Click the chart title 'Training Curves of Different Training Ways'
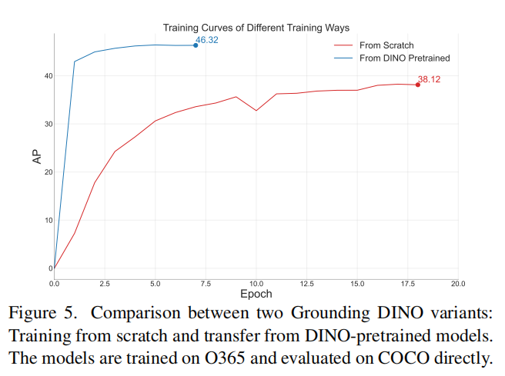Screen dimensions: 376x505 256,28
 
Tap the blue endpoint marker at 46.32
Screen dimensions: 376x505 196,45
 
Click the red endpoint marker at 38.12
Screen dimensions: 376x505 418,85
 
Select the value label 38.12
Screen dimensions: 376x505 429,79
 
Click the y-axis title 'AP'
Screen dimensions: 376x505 36,157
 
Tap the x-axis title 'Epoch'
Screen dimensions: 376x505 256,294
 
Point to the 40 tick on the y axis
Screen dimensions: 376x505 48,75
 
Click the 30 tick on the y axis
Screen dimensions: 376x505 48,124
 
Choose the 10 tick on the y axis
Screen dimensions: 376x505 48,220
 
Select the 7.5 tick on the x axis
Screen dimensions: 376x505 206,284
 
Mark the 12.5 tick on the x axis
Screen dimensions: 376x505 306,284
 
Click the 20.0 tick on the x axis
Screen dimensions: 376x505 458,284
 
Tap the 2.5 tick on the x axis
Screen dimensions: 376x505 105,284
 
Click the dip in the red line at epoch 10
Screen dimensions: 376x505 256,111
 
